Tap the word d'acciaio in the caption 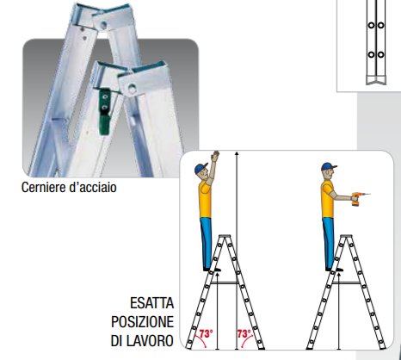(x=93, y=188)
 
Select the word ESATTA (x=152, y=303)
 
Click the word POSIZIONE (x=143, y=322)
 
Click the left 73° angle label (x=207, y=334)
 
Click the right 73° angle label (x=244, y=334)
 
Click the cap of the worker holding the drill (x=328, y=167)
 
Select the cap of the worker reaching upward (x=201, y=168)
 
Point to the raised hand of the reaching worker (x=215, y=157)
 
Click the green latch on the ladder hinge (x=104, y=112)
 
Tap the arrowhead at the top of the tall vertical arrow (x=237, y=154)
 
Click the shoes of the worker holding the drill (x=335, y=270)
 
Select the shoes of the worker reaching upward (x=213, y=270)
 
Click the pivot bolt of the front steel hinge (x=132, y=89)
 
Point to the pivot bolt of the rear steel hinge (x=103, y=24)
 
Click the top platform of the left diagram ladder (x=225, y=236)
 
